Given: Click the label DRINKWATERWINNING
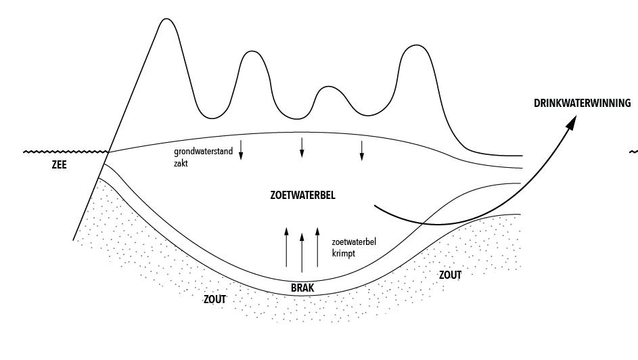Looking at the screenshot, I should [582, 104].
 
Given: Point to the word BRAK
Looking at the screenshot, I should [302, 288].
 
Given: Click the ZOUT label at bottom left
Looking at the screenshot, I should [214, 298].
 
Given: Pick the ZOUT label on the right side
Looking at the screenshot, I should [450, 275].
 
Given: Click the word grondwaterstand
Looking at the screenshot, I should [203, 152].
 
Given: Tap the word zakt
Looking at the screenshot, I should [181, 163].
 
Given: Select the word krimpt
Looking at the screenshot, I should [343, 252].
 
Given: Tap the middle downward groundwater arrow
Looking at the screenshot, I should [302, 147].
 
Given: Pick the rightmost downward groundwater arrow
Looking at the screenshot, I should [361, 150].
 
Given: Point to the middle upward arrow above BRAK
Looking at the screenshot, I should [302, 252].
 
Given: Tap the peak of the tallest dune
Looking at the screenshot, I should [165, 19].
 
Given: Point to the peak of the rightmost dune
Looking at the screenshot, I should [413, 46].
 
